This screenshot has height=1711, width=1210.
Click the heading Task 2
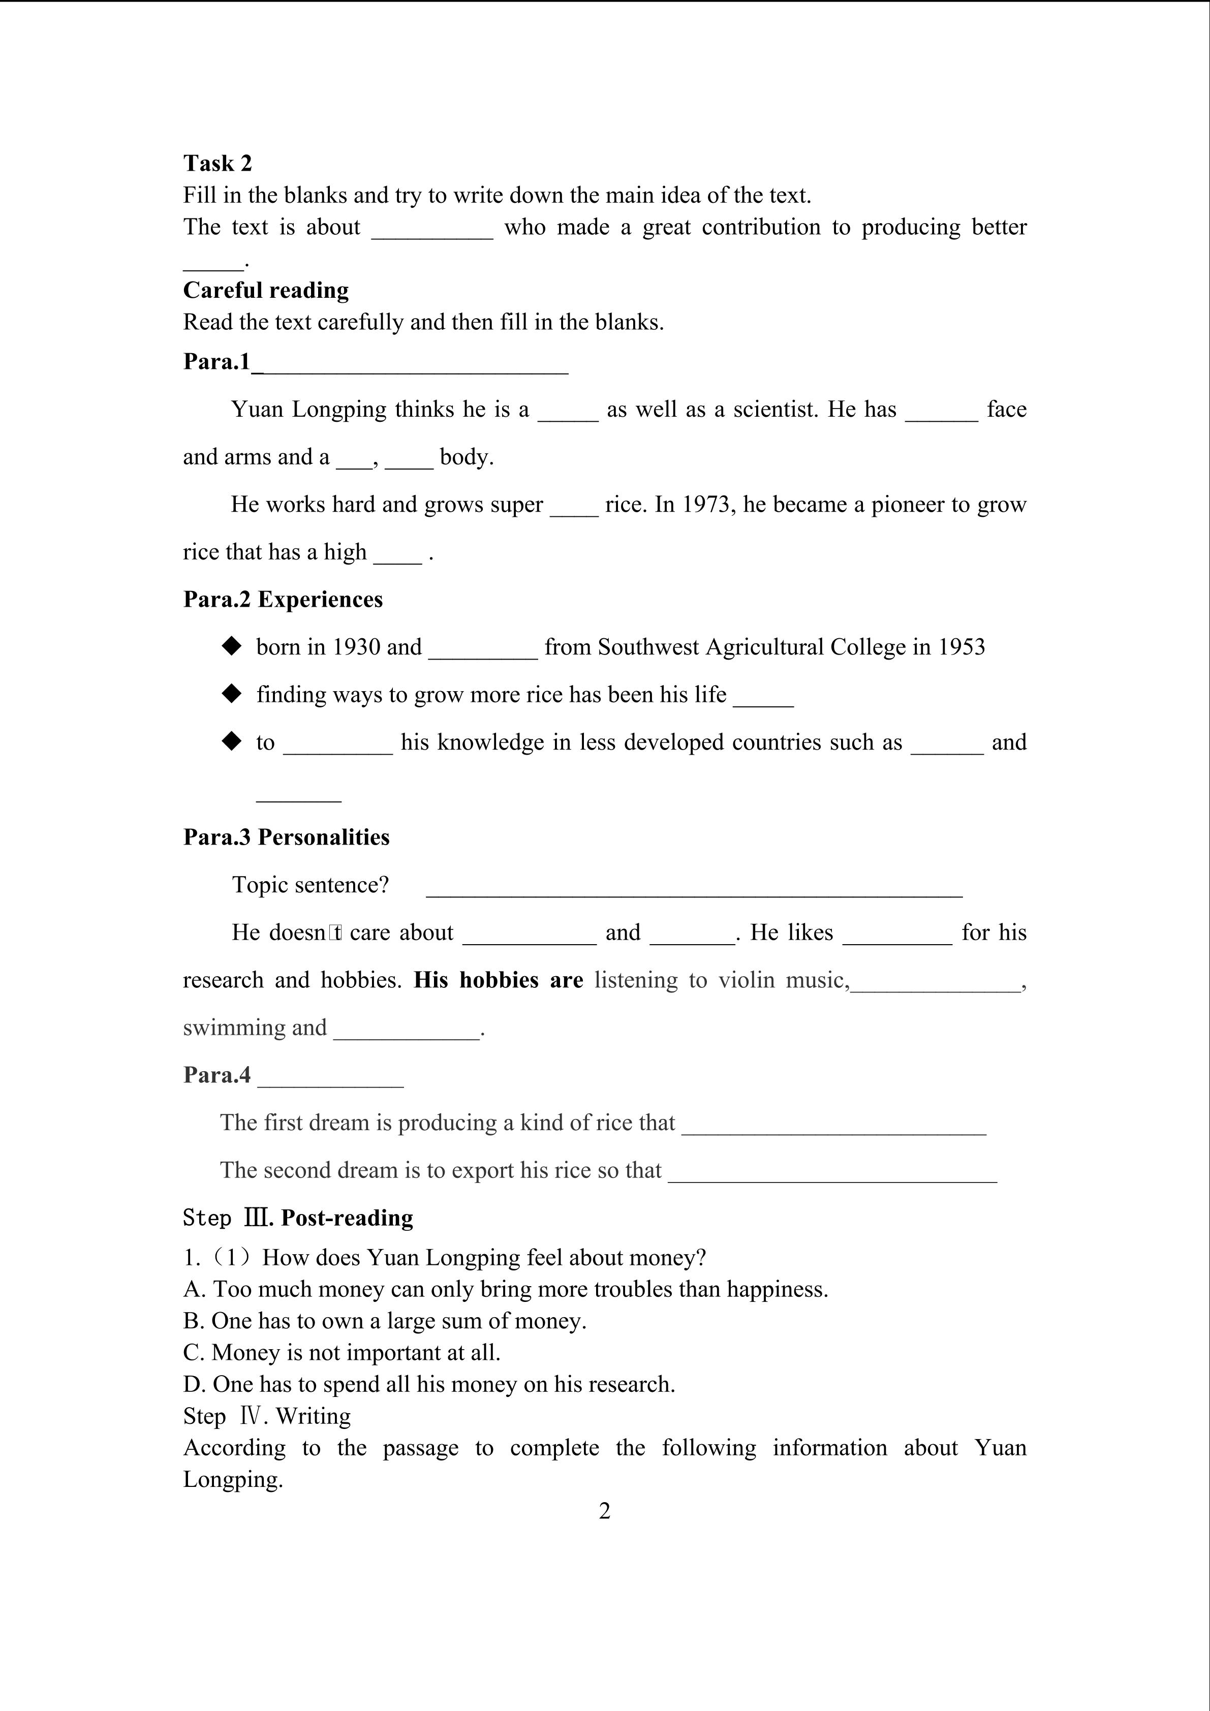coord(218,163)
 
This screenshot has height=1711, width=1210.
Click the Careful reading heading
coord(266,290)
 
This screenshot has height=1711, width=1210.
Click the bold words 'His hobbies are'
coord(499,980)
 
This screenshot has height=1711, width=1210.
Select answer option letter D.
coord(192,1384)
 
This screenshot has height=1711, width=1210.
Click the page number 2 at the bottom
coord(604,1511)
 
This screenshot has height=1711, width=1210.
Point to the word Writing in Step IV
coord(313,1416)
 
